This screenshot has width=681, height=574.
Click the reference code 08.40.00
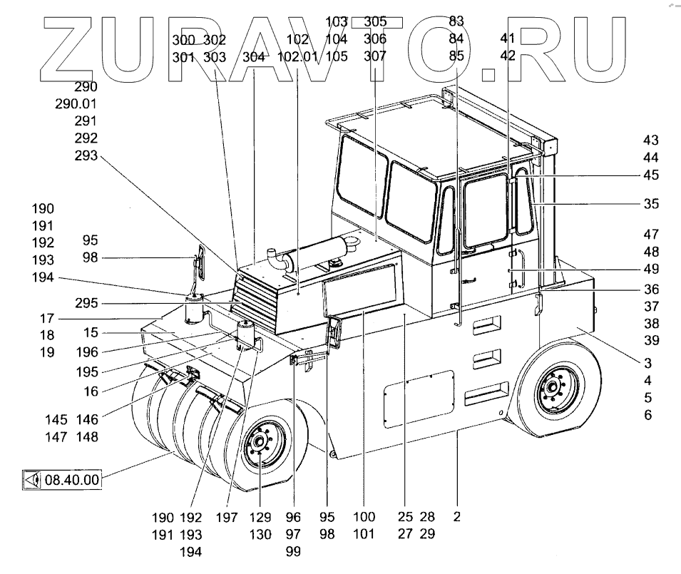click(x=71, y=479)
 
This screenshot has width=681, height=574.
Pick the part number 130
click(x=260, y=535)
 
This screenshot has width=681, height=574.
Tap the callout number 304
click(x=254, y=56)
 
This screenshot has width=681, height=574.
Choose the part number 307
click(x=375, y=56)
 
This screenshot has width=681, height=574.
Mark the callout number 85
click(x=456, y=56)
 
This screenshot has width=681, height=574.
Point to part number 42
click(x=508, y=56)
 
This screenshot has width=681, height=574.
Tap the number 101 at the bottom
click(x=364, y=535)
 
